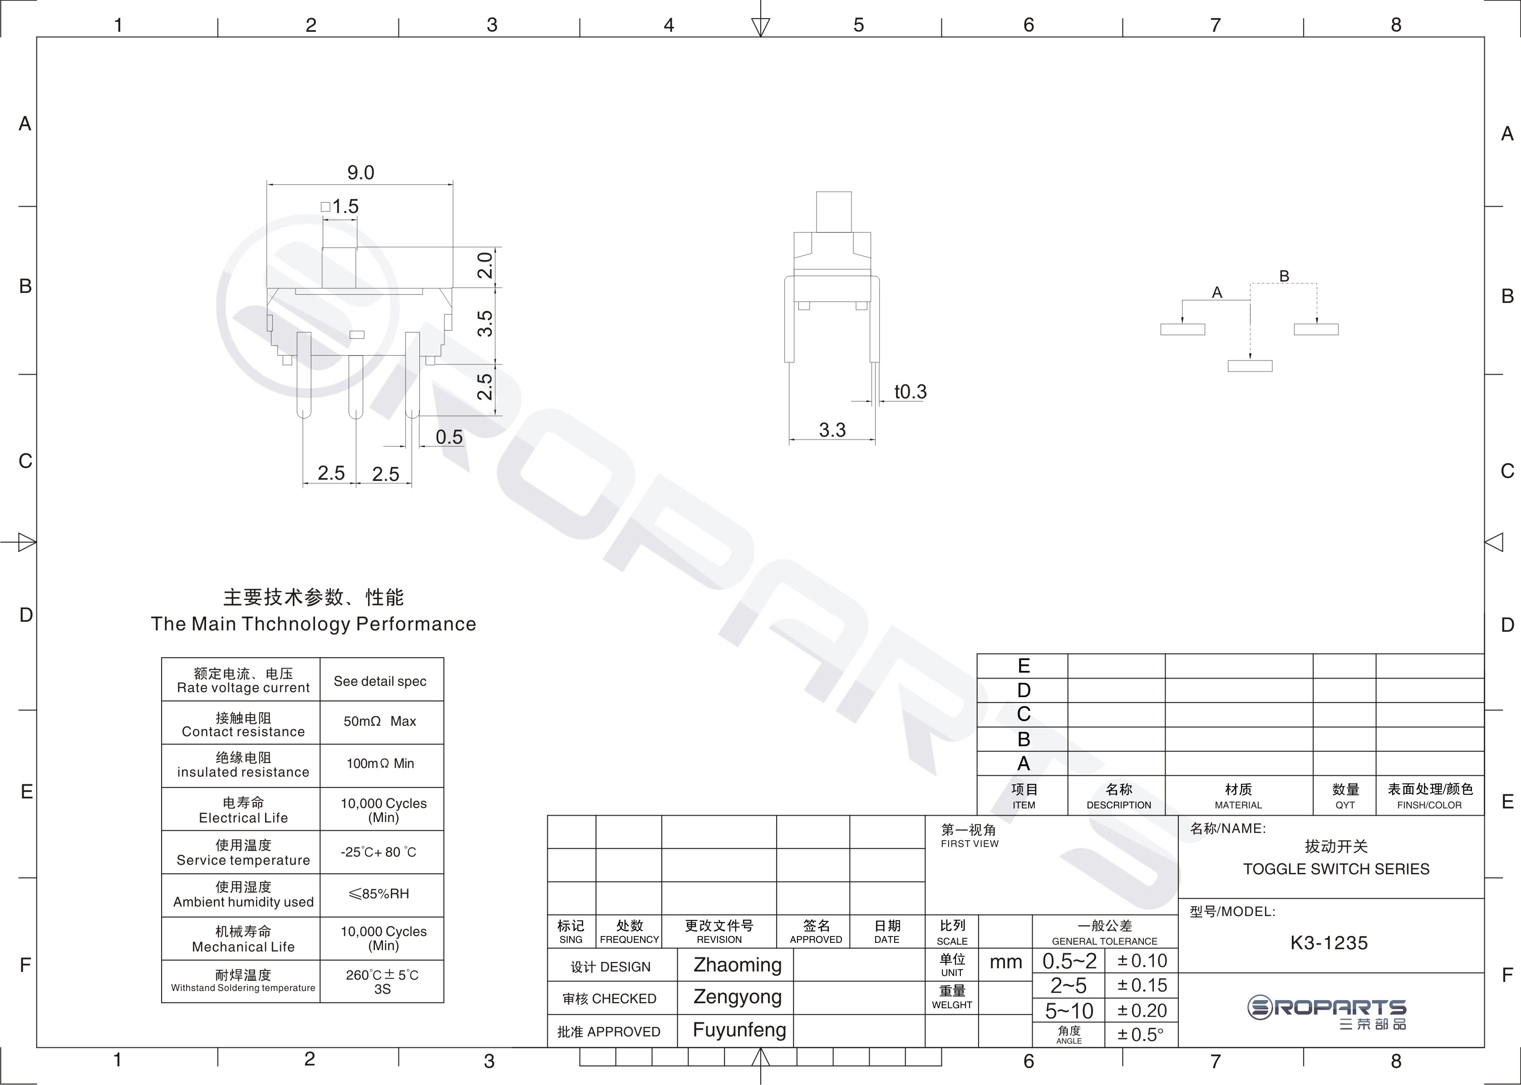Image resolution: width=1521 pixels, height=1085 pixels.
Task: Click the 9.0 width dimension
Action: pyautogui.click(x=360, y=173)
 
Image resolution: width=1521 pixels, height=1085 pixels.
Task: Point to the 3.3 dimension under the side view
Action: pyautogui.click(x=832, y=430)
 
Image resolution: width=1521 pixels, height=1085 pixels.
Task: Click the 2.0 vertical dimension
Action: pyautogui.click(x=485, y=265)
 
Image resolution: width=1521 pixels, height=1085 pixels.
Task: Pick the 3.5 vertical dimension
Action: pyautogui.click(x=485, y=323)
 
